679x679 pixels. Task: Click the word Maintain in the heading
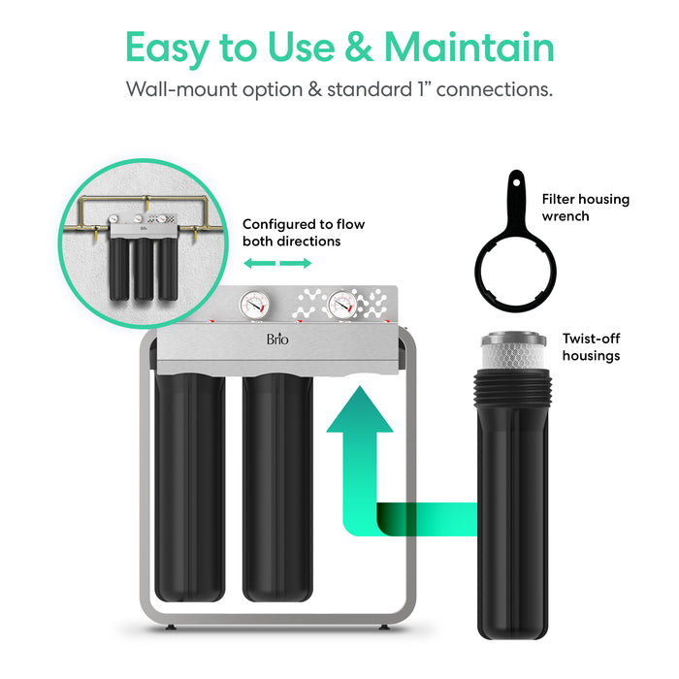click(469, 48)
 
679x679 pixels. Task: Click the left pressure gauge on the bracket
click(250, 305)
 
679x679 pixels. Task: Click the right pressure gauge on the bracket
click(340, 305)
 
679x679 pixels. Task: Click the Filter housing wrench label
click(585, 208)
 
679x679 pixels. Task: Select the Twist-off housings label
click(591, 347)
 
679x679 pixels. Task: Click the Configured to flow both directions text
click(291, 232)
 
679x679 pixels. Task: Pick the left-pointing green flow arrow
click(255, 264)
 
